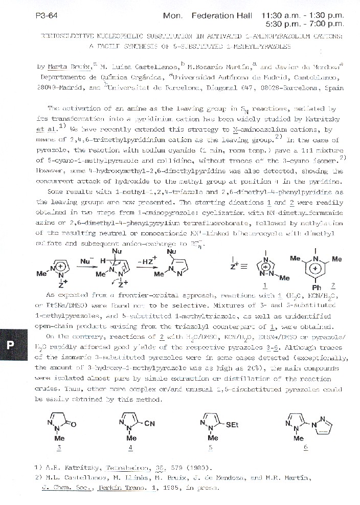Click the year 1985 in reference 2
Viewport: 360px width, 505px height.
click(172, 488)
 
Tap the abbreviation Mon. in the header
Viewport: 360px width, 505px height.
click(172, 16)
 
